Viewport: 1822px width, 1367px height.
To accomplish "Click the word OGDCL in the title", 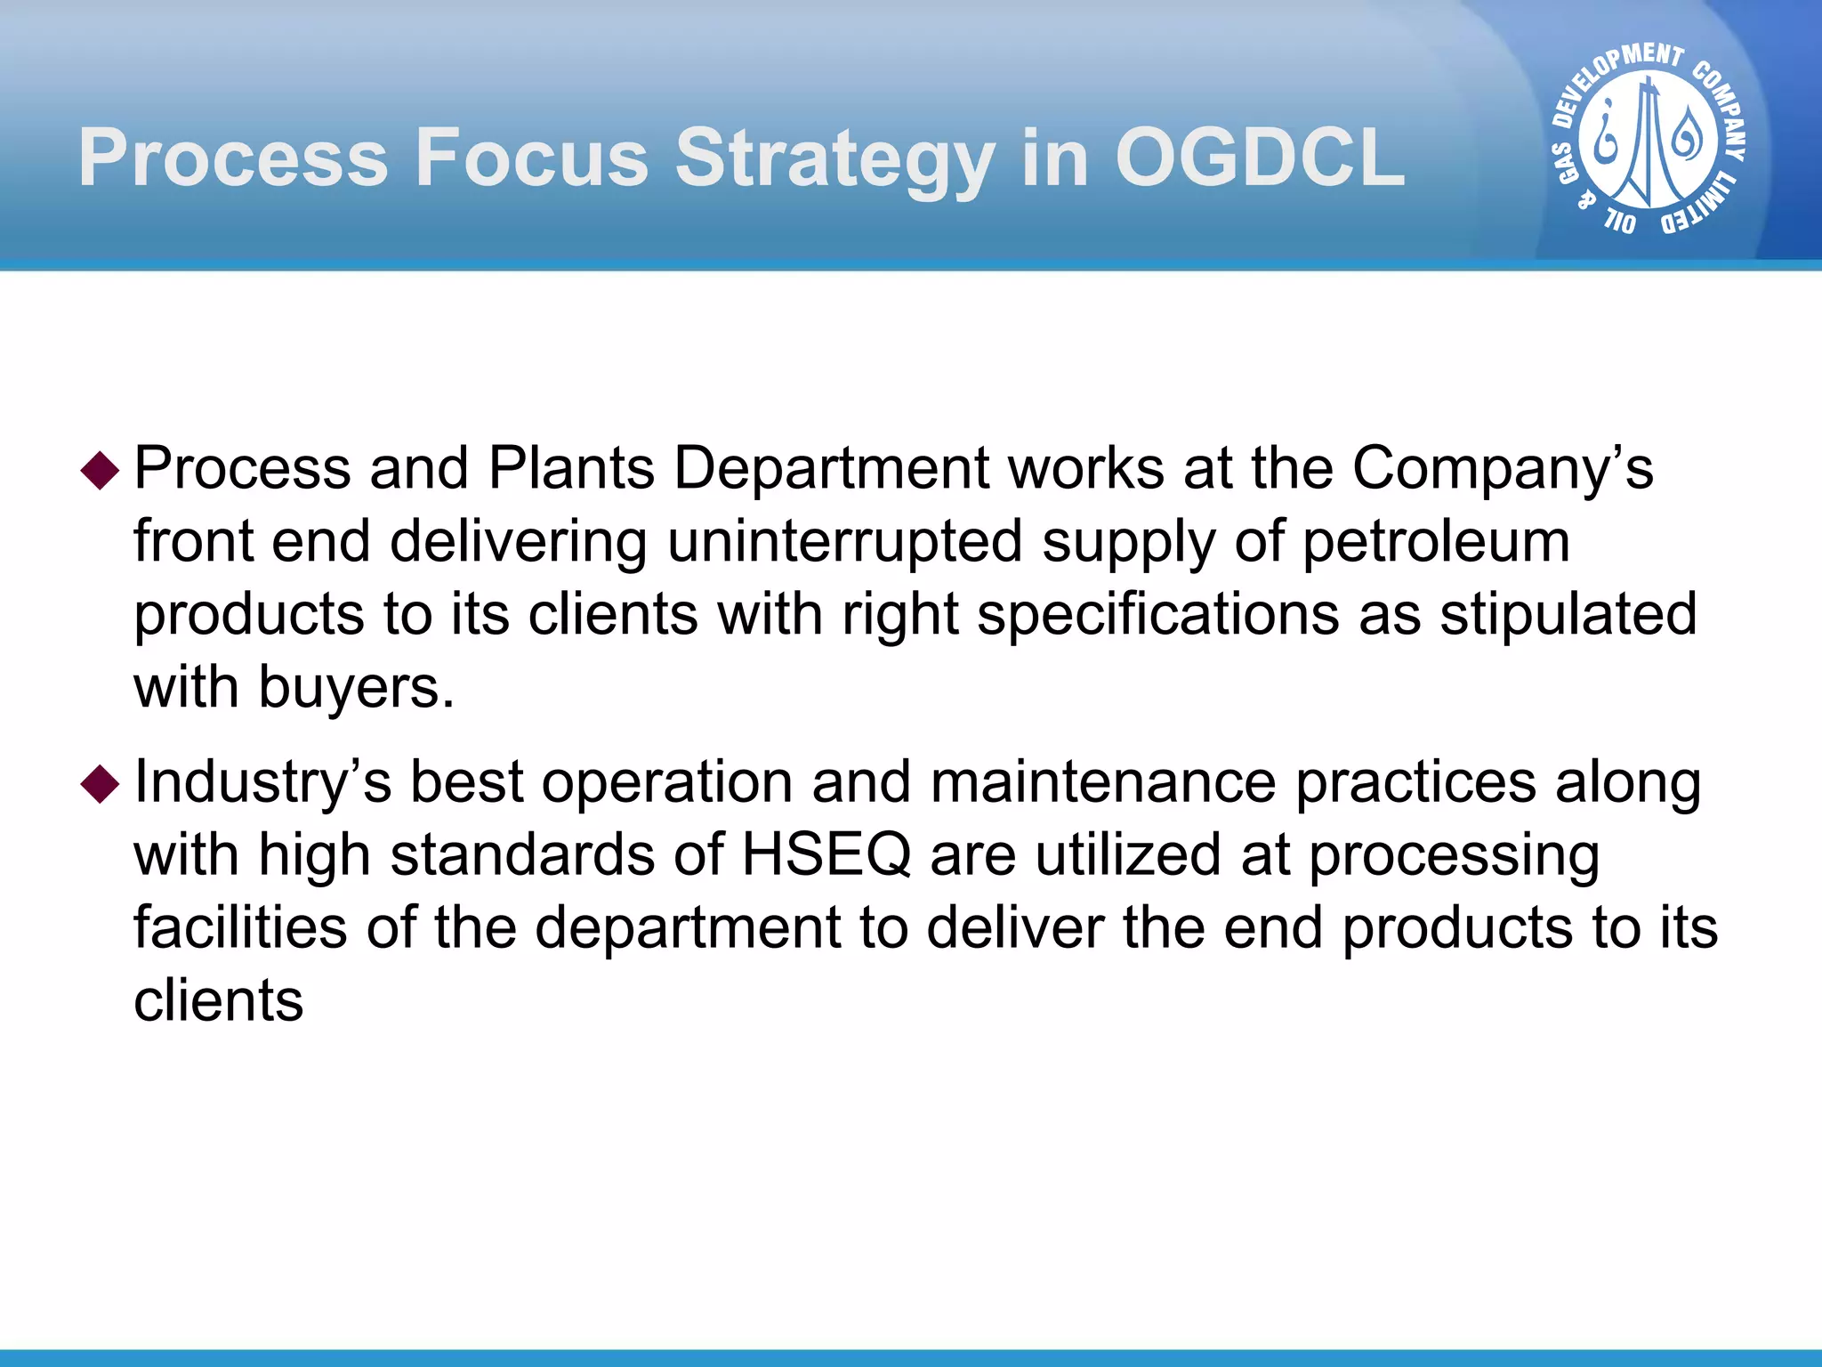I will click(1260, 158).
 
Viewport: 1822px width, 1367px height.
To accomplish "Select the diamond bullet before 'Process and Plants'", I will click(100, 470).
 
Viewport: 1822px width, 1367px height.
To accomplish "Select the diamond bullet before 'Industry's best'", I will click(100, 784).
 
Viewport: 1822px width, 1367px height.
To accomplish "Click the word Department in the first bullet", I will click(831, 469).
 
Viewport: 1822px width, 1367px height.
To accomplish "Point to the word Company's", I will click(1503, 469).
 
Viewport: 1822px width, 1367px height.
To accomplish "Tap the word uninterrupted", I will click(844, 542).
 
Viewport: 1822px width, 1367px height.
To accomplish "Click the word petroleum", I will click(1436, 542).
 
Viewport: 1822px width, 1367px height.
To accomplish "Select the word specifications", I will click(1157, 615).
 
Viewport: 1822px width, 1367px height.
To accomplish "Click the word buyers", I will click(356, 688).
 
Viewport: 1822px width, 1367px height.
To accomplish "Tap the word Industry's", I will click(262, 783).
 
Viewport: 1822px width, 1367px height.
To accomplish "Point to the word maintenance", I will click(1103, 783).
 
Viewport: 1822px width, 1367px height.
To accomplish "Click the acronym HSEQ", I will click(826, 855).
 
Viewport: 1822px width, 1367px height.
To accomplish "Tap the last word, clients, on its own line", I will click(219, 1000).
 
